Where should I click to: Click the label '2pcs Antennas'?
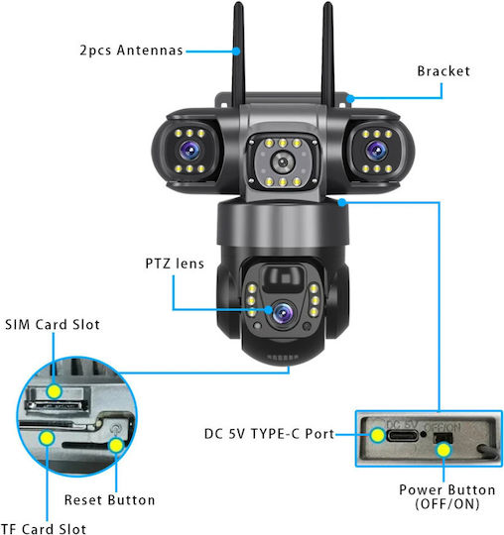[132, 51]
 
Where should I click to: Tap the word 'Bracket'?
[443, 71]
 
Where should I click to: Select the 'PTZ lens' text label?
[175, 264]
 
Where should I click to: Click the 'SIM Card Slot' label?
[53, 325]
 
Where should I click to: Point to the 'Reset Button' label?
[109, 500]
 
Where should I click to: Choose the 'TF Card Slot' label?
[44, 528]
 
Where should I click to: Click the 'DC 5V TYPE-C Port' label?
[269, 434]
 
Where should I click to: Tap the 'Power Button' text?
[446, 490]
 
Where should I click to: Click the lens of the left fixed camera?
[189, 151]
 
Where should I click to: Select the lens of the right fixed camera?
[377, 151]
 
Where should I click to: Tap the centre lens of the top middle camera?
[283, 162]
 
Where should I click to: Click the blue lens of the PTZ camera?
[284, 312]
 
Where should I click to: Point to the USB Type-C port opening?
[403, 436]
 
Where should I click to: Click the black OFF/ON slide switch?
[442, 438]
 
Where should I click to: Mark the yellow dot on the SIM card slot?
[54, 391]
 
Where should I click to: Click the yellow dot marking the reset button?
[116, 445]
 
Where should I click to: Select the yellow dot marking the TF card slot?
[47, 438]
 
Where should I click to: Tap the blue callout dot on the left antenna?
[236, 52]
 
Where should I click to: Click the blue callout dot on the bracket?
[350, 99]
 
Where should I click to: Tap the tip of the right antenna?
[328, 3]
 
